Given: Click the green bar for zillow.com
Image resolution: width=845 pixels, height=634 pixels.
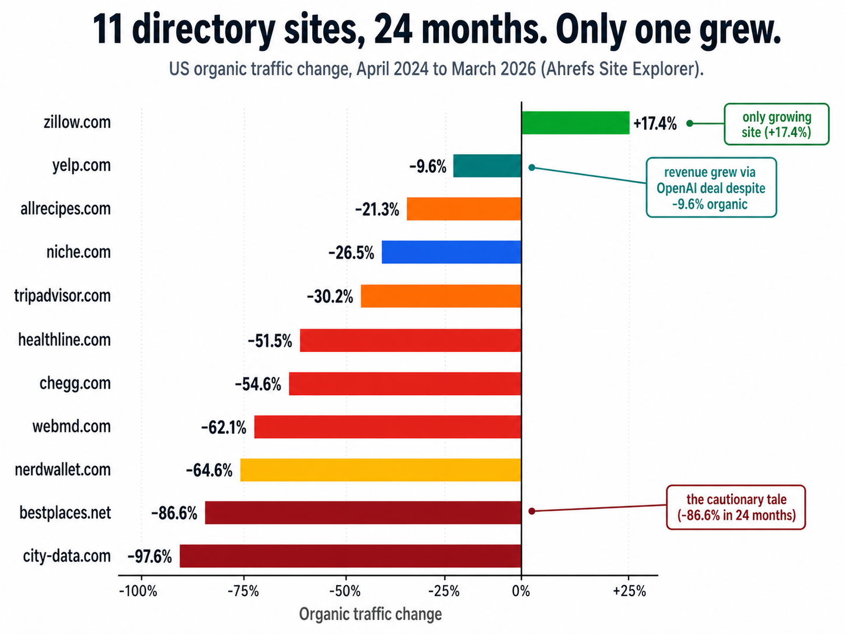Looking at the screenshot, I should [575, 123].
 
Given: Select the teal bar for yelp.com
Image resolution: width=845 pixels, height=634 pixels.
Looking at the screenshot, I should [487, 166].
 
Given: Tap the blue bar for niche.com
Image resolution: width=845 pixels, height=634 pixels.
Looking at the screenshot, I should [451, 252].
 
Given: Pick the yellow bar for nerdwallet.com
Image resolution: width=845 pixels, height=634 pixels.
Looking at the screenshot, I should [380, 470].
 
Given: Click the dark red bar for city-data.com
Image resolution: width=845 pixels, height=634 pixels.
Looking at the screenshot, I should [350, 556].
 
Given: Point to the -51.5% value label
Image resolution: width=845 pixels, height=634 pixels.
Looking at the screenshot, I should [270, 341].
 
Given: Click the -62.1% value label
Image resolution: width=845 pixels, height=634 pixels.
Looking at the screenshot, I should [224, 428].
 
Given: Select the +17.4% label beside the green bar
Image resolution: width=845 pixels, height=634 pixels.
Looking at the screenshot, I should [655, 124].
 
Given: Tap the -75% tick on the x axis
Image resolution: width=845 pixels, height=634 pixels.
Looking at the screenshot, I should [243, 591].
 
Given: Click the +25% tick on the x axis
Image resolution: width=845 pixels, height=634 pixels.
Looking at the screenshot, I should [629, 591].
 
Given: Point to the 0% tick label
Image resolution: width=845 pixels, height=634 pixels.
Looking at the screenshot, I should [521, 591].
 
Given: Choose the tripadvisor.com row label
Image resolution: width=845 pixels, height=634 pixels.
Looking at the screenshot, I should [62, 296].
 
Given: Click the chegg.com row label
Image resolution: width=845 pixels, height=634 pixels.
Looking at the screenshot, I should [75, 384].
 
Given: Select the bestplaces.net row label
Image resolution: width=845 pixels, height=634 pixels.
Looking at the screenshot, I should [65, 513].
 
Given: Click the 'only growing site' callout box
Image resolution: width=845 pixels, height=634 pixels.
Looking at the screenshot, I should [776, 124].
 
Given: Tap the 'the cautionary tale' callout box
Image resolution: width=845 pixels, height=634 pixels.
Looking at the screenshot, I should [736, 507].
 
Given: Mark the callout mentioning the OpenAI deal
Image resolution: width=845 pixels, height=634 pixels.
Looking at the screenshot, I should [711, 188].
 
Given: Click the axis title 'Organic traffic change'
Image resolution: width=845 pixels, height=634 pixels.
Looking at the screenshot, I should [370, 614].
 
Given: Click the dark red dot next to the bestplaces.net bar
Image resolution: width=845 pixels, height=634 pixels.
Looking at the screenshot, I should [532, 511].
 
